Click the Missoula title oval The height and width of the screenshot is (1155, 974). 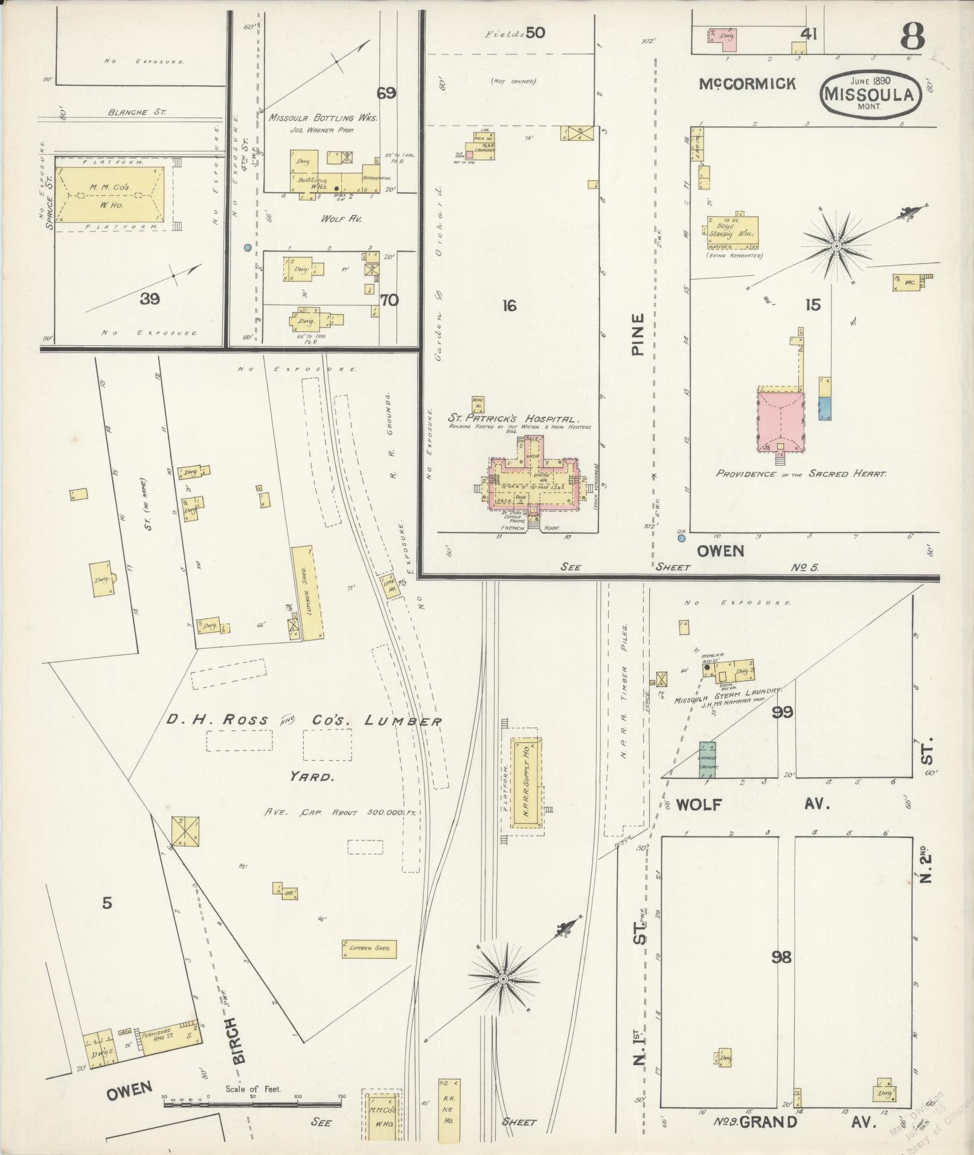[x=870, y=92]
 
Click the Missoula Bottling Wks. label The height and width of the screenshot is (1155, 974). [x=322, y=118]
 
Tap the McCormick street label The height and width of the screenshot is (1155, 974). [x=748, y=84]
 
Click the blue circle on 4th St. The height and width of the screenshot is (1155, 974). [x=247, y=248]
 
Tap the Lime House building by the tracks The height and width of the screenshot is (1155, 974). [x=390, y=586]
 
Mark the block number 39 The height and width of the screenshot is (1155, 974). [x=150, y=298]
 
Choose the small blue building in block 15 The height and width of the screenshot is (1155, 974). [x=825, y=408]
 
